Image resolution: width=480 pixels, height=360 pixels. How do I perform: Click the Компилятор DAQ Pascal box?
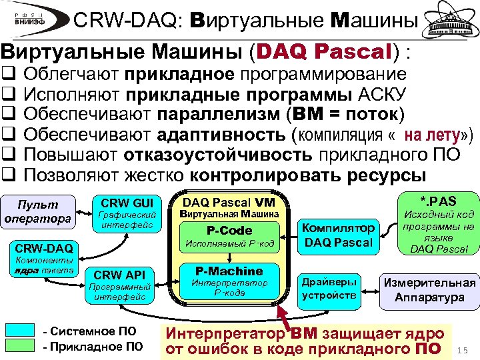point(339,235)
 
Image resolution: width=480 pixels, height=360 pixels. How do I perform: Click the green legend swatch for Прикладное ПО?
point(25,345)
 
